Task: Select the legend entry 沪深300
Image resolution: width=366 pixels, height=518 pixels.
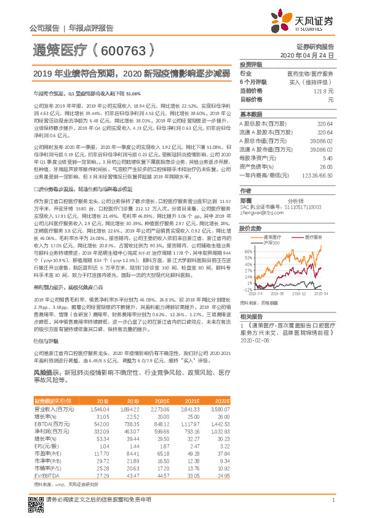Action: click(273, 242)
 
